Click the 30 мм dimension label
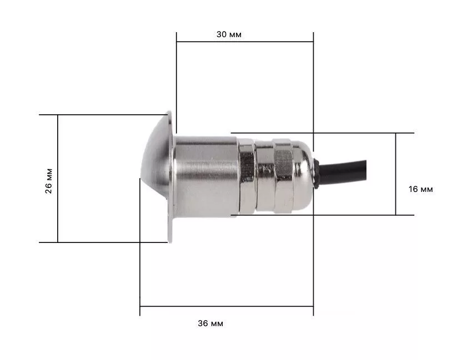pos(229,34)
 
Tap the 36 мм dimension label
pos(210,323)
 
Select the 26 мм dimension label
pos(48,181)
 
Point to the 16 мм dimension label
pos(420,189)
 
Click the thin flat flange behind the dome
pos(170,177)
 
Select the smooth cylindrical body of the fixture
pos(205,177)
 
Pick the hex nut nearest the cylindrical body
pos(247,176)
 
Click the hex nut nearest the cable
pos(284,176)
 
